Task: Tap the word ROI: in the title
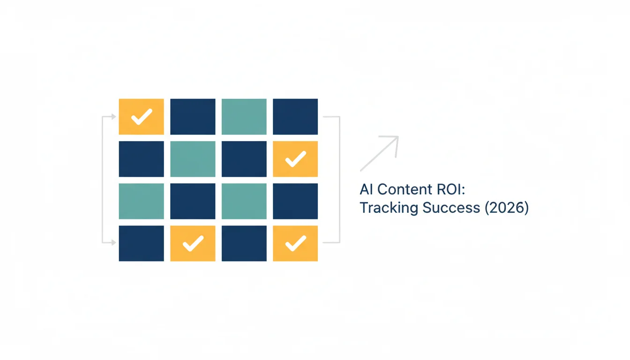point(451,189)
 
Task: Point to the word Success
point(451,208)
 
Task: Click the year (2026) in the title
point(507,208)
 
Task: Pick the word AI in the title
point(366,189)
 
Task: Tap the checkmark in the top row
point(142,116)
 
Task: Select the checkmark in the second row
point(296,159)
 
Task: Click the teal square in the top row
point(244,116)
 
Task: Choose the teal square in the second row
point(193,159)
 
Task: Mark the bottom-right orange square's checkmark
point(296,243)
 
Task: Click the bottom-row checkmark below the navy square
point(193,243)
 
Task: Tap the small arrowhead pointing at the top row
point(113,116)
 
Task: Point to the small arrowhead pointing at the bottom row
point(113,242)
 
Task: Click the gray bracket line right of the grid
point(340,180)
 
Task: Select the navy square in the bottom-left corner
point(142,243)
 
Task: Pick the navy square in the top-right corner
point(295,116)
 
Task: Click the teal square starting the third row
point(142,201)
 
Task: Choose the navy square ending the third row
point(295,201)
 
